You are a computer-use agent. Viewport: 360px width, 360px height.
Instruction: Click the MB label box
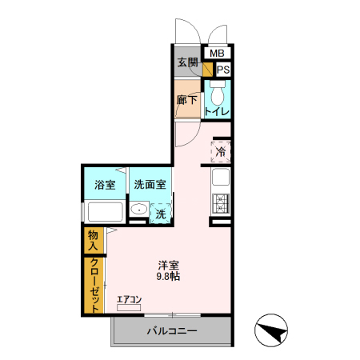[x=218, y=54]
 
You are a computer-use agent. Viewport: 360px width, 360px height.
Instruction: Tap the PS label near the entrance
[x=222, y=70]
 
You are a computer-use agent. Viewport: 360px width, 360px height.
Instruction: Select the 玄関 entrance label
[x=187, y=62]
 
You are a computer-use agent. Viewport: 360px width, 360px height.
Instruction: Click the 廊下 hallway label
[x=187, y=101]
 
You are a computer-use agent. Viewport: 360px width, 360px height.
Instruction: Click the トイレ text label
[x=217, y=112]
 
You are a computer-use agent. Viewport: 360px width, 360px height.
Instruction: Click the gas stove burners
[x=220, y=203]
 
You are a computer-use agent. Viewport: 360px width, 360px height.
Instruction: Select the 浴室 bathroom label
[x=104, y=185]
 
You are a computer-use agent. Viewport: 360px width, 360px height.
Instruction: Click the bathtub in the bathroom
[x=104, y=213]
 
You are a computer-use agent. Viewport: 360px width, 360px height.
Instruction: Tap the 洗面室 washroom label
[x=150, y=185]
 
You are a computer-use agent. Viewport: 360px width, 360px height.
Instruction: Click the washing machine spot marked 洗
[x=160, y=214]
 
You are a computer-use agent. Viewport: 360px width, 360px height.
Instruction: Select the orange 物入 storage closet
[x=93, y=241]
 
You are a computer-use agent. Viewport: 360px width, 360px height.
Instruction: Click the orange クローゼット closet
[x=94, y=286]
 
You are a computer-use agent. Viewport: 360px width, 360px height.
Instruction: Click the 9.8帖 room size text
[x=168, y=277]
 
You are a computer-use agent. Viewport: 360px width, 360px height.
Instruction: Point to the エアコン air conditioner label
[x=129, y=300]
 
